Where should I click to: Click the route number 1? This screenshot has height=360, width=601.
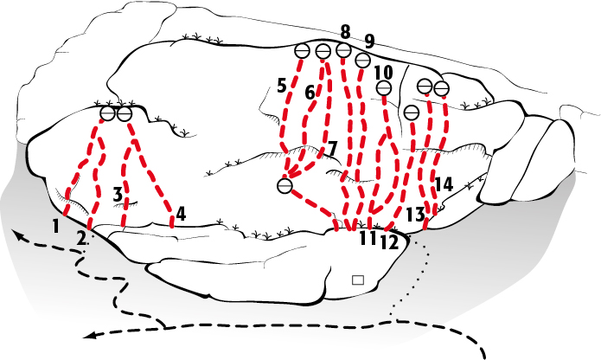(x=56, y=227)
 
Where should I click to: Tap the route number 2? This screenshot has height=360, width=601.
(x=81, y=238)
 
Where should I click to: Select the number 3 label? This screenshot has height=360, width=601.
(x=118, y=195)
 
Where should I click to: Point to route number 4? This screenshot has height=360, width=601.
(x=181, y=214)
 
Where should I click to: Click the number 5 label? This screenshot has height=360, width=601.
(x=282, y=86)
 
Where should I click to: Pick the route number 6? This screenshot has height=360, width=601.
(x=310, y=93)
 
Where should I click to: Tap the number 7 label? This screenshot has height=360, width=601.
(x=332, y=149)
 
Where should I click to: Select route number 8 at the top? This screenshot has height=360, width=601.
(x=345, y=32)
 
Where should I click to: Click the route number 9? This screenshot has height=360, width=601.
(x=368, y=42)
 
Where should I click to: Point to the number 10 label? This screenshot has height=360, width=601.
(x=383, y=72)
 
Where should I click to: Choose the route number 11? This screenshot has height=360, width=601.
(x=368, y=238)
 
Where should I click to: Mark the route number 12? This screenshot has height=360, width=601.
(x=389, y=243)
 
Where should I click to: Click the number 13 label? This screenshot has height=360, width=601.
(x=415, y=215)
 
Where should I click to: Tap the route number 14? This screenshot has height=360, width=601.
(x=444, y=184)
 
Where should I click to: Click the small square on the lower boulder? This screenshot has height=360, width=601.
(x=358, y=280)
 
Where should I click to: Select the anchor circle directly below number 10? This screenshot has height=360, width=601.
(x=384, y=88)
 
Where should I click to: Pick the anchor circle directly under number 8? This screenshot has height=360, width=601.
(x=343, y=50)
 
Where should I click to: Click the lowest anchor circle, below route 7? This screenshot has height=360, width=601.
(x=285, y=186)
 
